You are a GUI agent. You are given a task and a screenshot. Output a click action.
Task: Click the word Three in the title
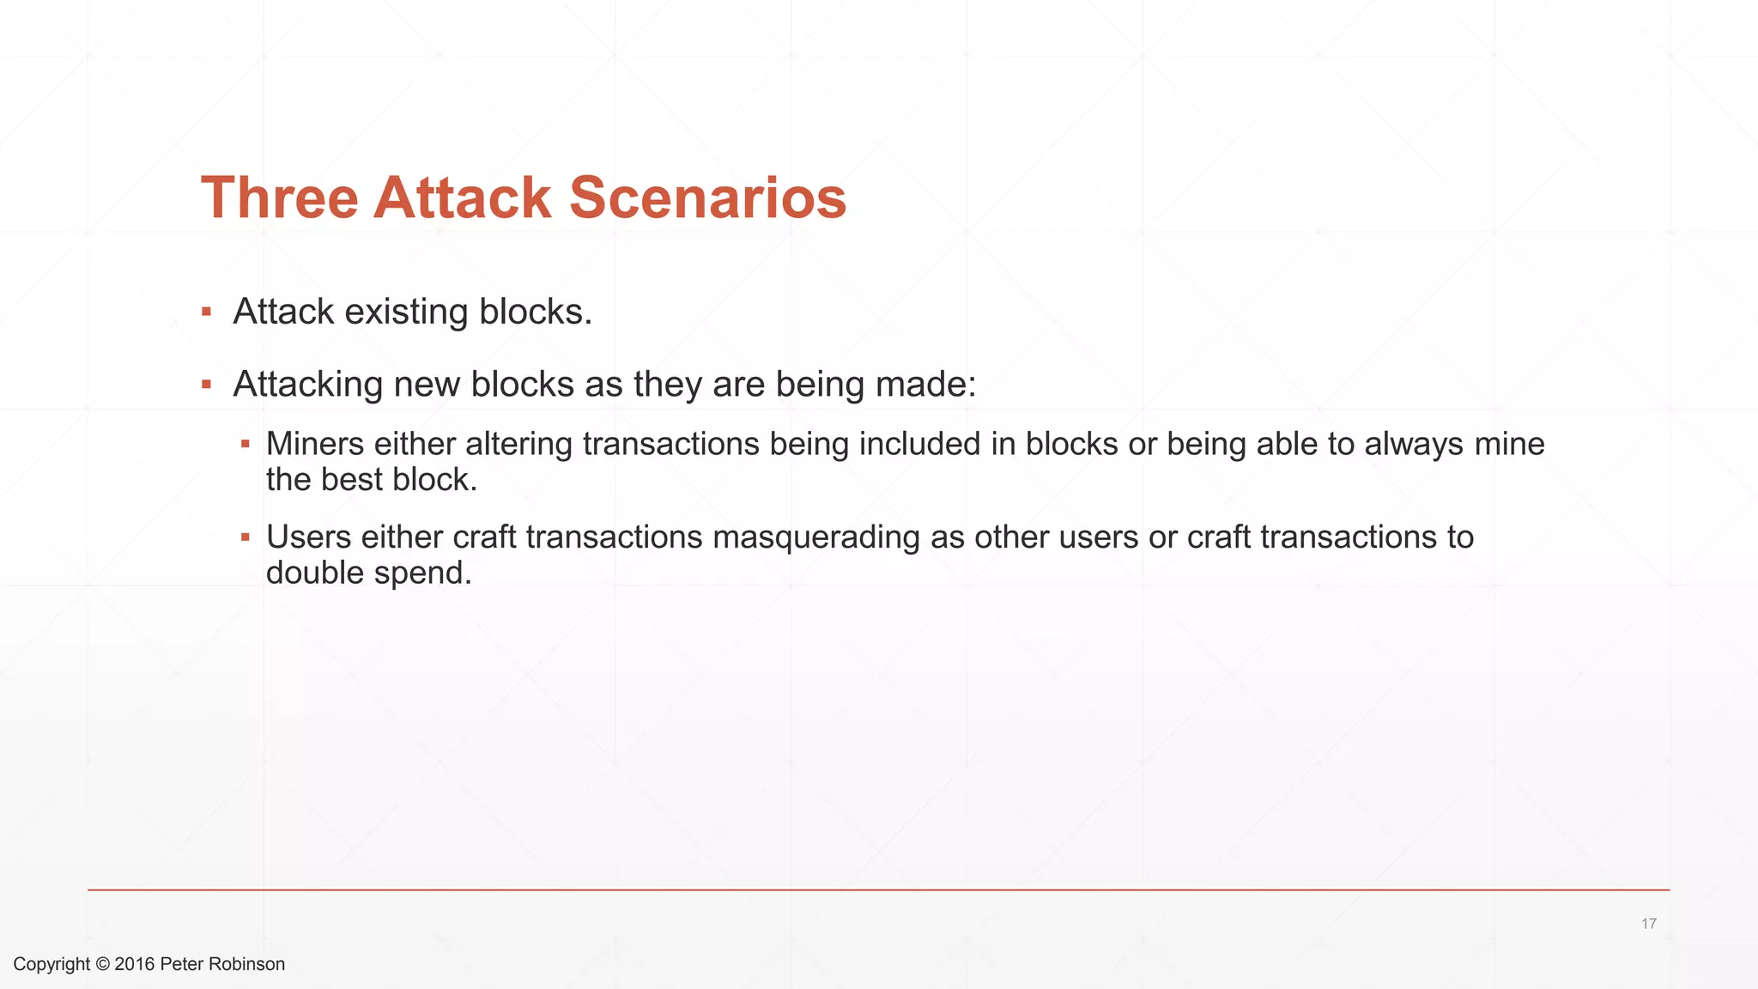[279, 198]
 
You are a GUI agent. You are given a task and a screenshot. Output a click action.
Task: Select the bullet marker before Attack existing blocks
[206, 312]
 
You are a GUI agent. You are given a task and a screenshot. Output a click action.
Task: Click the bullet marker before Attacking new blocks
[206, 385]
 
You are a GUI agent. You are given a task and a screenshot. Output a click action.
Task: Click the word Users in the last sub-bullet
[308, 537]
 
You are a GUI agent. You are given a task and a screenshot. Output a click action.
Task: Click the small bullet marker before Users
[245, 537]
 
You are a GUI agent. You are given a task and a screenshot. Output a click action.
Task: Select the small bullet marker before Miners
[245, 445]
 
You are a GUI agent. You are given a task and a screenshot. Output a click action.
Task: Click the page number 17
[1648, 924]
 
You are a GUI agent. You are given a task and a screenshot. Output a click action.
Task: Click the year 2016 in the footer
[135, 964]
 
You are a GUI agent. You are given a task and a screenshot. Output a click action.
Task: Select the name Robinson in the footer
[246, 964]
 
